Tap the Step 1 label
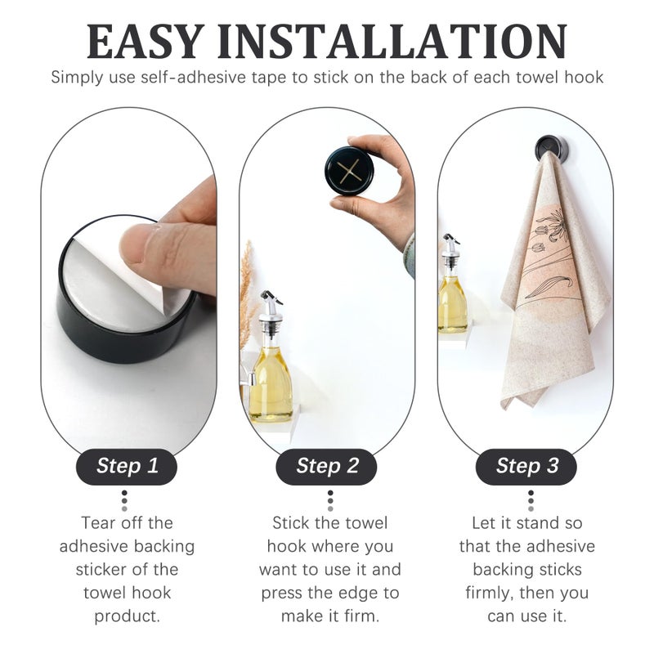click(128, 467)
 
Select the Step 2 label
click(327, 467)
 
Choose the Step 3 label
click(527, 467)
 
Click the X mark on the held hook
click(350, 171)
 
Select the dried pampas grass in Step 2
click(246, 294)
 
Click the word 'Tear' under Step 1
click(98, 522)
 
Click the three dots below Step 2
click(329, 500)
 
